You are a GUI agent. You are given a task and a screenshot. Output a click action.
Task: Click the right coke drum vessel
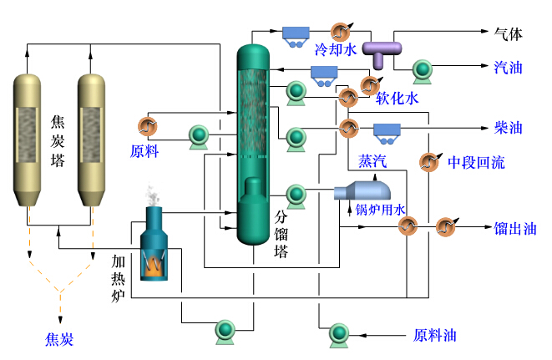(94, 138)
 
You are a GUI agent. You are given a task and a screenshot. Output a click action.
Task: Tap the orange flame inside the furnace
(154, 266)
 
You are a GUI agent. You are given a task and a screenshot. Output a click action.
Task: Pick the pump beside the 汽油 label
(422, 68)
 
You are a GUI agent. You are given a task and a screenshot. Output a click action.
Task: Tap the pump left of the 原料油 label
(340, 333)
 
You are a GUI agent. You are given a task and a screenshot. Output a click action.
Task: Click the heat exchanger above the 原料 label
(147, 126)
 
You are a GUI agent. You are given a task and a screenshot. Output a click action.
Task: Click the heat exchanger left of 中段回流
(428, 162)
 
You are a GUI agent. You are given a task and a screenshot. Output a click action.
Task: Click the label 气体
(509, 34)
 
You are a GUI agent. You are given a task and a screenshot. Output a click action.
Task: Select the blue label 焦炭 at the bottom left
(59, 339)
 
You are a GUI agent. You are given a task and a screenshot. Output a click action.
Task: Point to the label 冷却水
(336, 49)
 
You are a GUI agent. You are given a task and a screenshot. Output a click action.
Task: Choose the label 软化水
(397, 98)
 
